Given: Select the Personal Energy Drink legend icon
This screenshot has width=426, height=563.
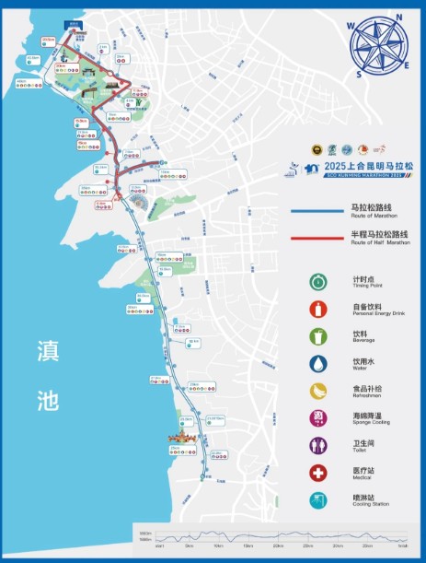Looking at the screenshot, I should point(317,310).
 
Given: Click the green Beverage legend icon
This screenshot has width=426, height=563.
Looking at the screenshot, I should point(317,336).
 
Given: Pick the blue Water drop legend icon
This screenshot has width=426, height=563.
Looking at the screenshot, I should point(317,364).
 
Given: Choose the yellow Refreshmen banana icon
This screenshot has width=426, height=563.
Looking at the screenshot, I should point(317,392).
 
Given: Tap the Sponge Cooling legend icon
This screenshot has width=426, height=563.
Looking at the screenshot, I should point(317,419).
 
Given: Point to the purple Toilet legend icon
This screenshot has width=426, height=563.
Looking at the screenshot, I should point(317,447).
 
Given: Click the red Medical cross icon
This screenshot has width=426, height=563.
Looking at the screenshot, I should point(317,474).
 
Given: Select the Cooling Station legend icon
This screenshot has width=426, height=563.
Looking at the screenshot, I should point(317,501).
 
